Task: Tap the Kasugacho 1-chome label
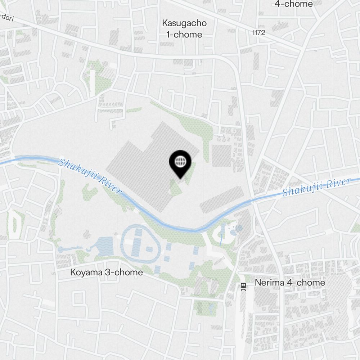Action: tap(184, 29)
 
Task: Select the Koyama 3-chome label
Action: tap(106, 273)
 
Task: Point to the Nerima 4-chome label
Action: tap(290, 283)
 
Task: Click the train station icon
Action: tap(244, 287)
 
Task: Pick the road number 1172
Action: tap(258, 33)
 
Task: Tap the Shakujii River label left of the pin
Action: tap(90, 176)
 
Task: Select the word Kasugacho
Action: tap(184, 23)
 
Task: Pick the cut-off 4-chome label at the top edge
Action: tap(294, 4)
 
